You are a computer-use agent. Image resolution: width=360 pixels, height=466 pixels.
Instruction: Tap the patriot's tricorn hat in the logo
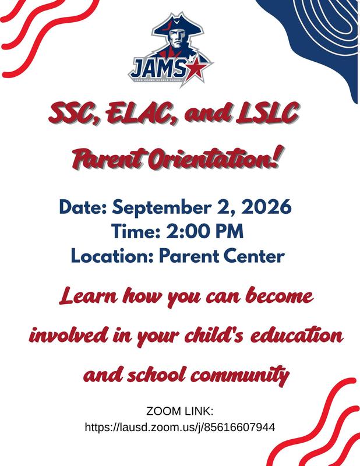pos(178,26)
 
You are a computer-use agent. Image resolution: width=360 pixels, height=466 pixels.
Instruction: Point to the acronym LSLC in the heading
pos(267,113)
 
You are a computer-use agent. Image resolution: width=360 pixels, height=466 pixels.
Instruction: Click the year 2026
pos(266,207)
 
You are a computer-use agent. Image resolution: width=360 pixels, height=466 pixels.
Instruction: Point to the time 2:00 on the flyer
pos(188,231)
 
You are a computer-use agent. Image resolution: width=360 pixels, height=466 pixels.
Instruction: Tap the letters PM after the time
pos(229,231)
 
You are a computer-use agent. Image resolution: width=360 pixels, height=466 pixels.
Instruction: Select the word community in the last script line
pos(240,376)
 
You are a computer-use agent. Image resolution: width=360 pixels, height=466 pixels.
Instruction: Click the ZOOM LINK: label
pos(180,412)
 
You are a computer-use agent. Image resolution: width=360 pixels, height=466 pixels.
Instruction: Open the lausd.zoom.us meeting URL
pos(180,428)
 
